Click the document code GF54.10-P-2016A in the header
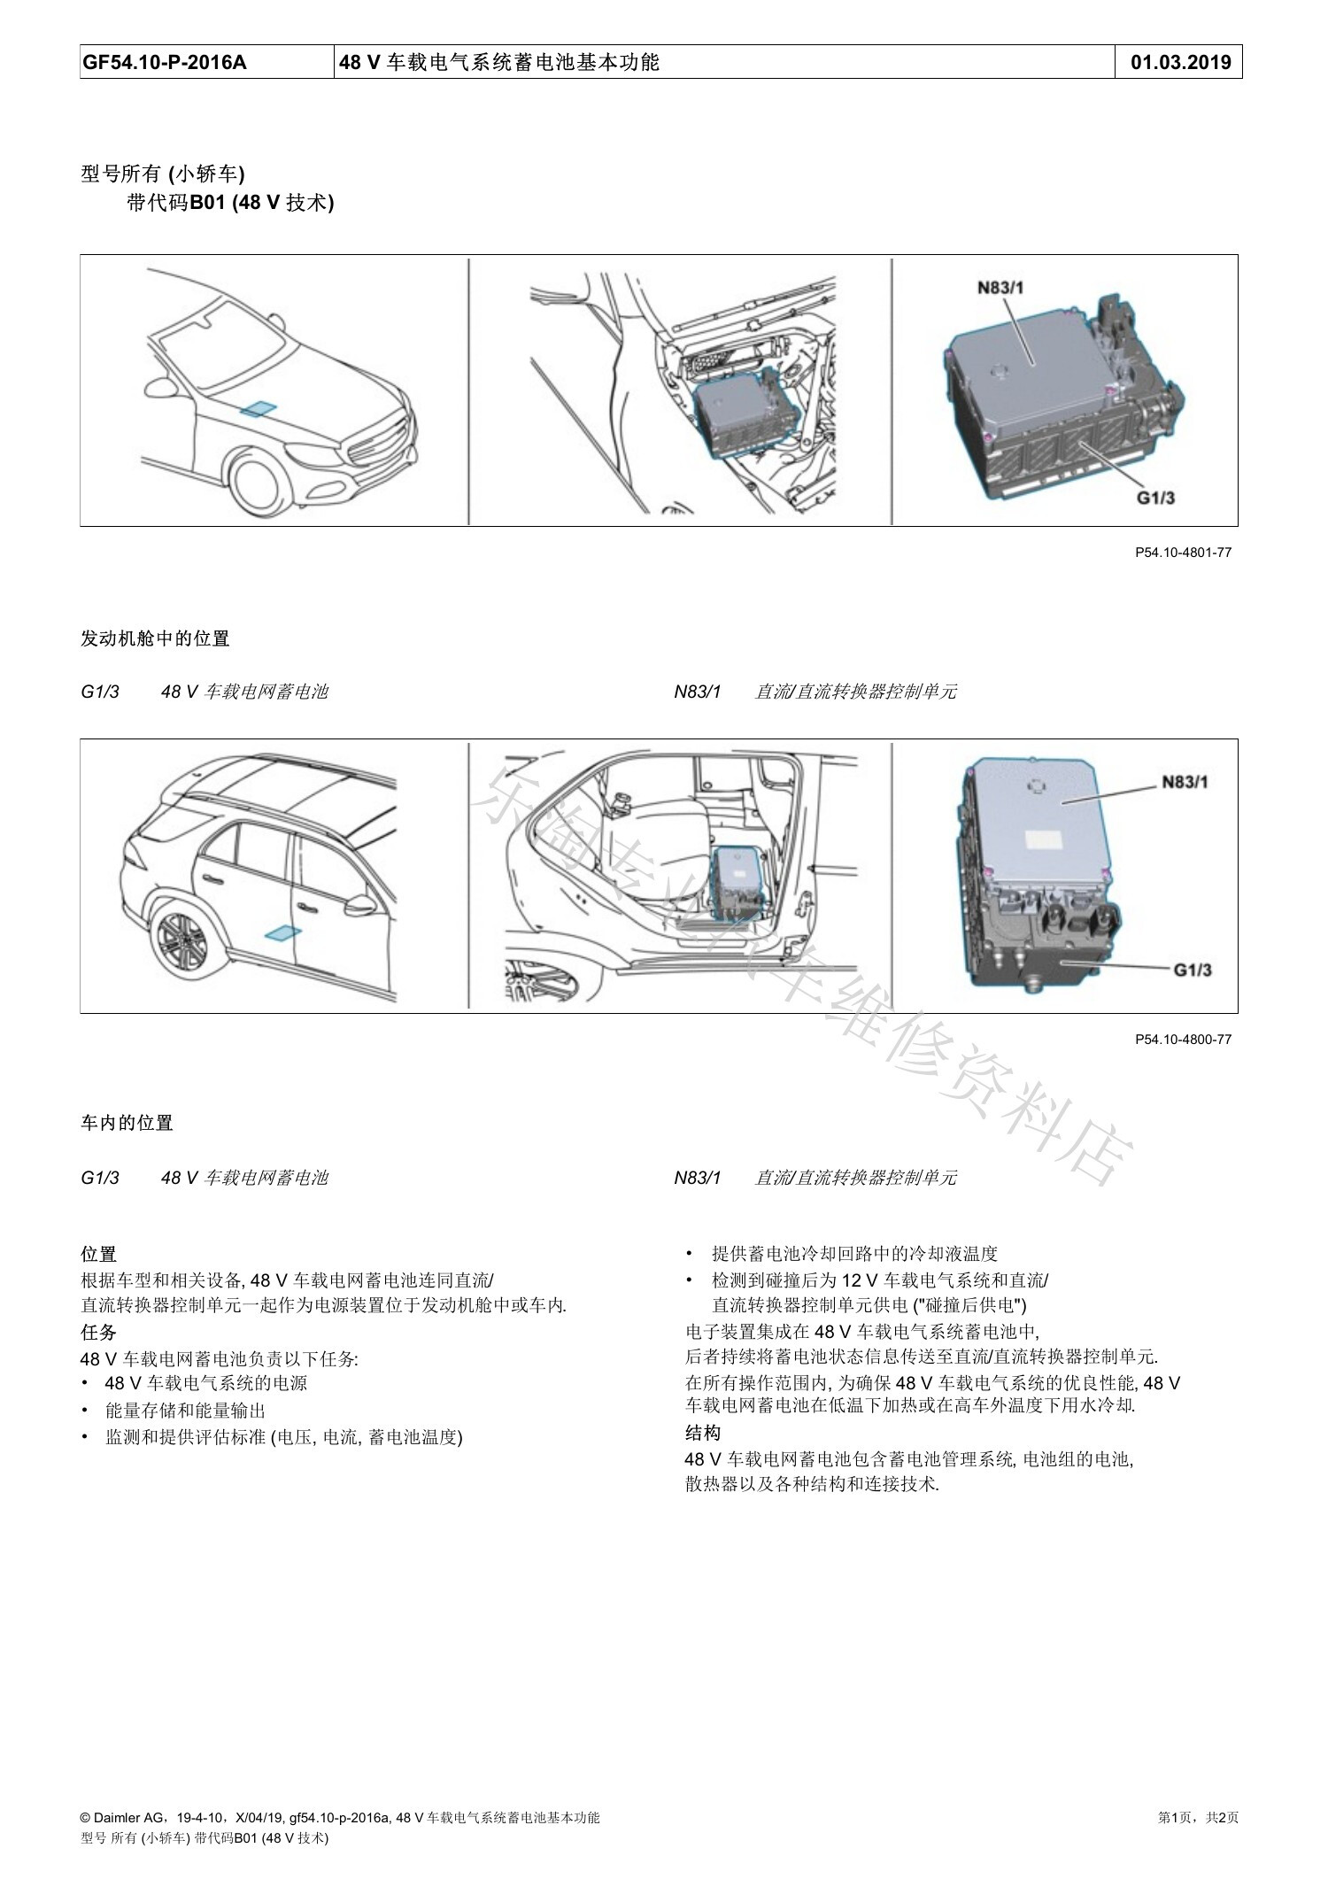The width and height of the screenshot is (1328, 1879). [165, 62]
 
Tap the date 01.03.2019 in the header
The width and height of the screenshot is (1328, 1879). [1181, 62]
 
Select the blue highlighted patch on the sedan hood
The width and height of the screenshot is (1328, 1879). [259, 408]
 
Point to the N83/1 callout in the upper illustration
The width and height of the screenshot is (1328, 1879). [1000, 287]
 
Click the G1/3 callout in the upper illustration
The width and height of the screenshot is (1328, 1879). [1155, 498]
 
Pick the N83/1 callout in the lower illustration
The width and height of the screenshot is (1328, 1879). [1185, 782]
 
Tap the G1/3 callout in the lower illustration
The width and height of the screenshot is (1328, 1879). [1193, 970]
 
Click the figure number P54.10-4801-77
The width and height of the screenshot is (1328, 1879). [1183, 553]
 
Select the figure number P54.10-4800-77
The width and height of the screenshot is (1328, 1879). [1183, 1040]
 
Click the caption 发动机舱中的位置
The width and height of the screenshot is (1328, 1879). [155, 638]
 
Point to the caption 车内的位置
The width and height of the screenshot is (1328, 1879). [127, 1123]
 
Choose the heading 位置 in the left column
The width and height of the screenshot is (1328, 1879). [98, 1254]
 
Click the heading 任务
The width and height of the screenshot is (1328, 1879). [98, 1332]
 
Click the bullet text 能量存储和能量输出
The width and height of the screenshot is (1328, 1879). [185, 1411]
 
